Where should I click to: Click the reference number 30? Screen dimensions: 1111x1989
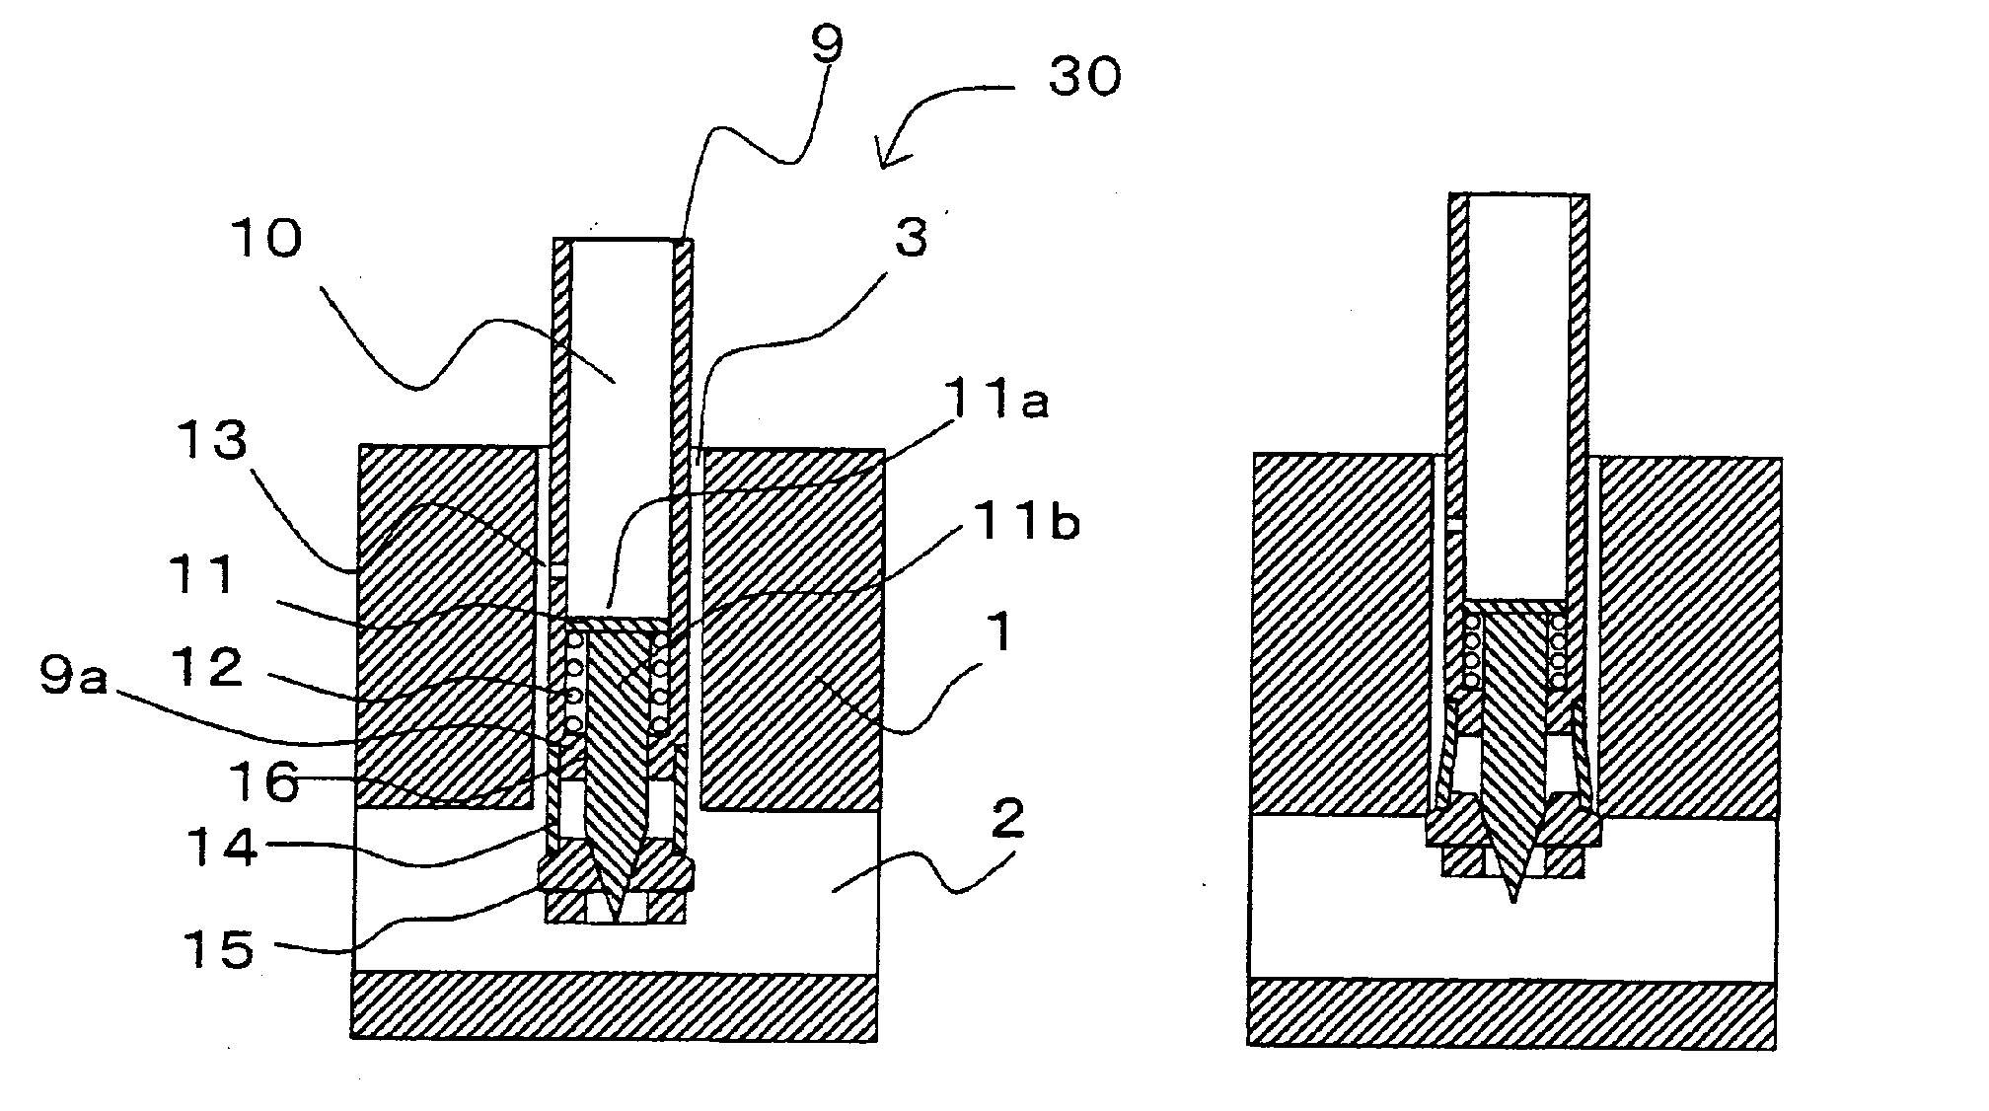(1084, 78)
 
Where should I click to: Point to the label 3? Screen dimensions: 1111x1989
(911, 238)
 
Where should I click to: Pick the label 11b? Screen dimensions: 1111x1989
(1026, 524)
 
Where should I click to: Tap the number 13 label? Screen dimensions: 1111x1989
(212, 441)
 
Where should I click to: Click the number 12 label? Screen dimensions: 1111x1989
(211, 668)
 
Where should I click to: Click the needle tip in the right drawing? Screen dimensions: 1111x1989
(1512, 899)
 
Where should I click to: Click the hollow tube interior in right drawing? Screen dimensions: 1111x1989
(1517, 395)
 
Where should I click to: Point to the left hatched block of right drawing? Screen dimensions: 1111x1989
(1342, 631)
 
